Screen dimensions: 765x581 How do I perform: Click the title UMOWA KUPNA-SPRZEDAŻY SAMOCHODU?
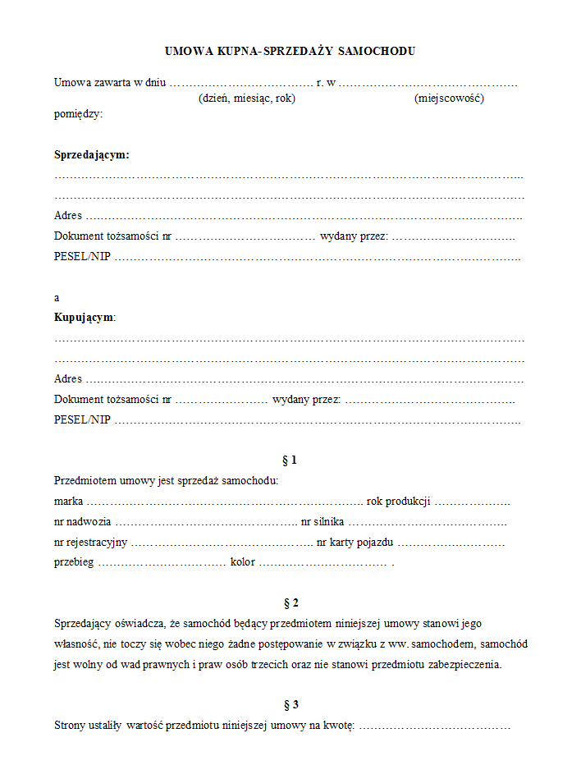[290, 51]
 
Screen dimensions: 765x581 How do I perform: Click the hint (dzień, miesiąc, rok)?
[246, 98]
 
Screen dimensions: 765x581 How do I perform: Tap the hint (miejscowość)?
[449, 98]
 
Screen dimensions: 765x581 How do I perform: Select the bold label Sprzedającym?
[92, 154]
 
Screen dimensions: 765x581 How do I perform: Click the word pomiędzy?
[79, 114]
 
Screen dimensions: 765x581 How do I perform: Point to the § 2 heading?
[289, 602]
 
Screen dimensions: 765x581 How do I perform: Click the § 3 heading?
[289, 704]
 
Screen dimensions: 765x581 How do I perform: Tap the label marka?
[68, 501]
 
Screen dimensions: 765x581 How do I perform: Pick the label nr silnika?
[323, 521]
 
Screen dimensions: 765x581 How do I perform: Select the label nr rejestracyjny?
[90, 542]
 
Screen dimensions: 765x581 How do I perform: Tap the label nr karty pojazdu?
[355, 542]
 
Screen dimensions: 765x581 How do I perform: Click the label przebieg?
[74, 562]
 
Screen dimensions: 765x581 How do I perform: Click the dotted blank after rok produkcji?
[472, 502]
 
